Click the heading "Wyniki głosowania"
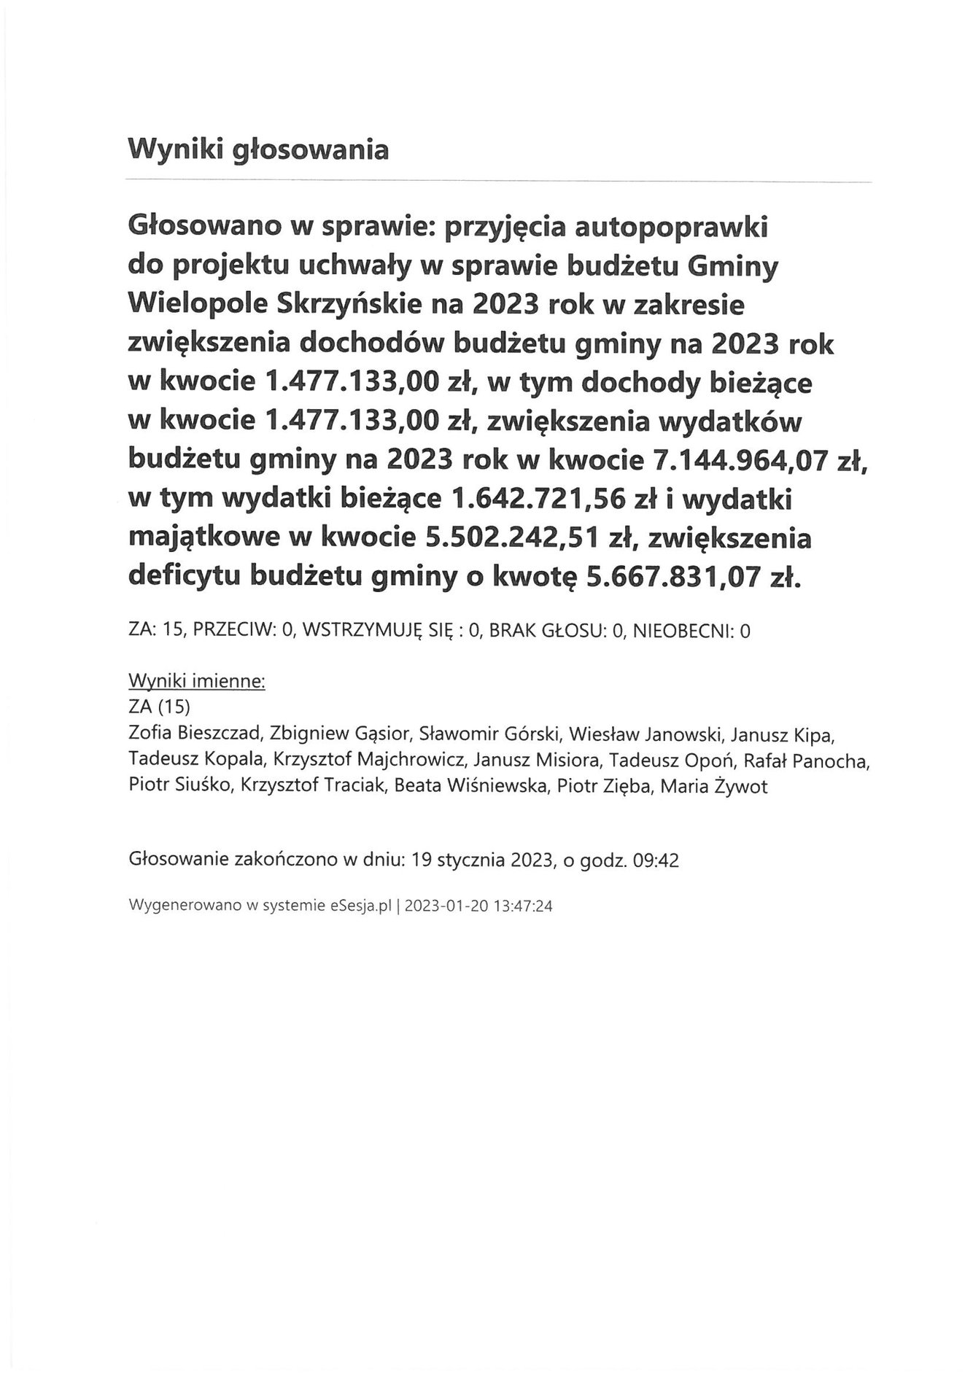258,149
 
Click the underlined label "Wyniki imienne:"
197,682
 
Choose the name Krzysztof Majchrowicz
370,760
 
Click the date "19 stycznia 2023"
479,860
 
